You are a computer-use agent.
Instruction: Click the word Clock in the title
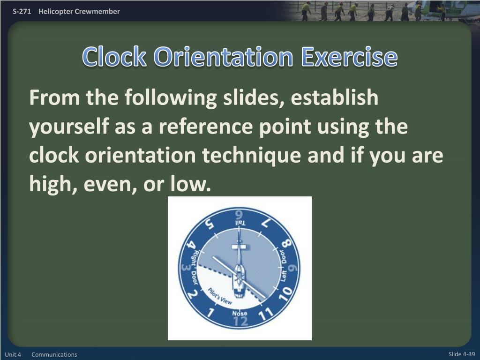(114, 58)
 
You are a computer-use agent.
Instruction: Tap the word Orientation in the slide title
(223, 58)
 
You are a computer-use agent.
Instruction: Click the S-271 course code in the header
(22, 11)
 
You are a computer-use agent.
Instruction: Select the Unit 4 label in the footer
(13, 354)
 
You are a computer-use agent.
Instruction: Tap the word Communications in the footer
(54, 354)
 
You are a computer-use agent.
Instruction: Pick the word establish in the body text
(334, 98)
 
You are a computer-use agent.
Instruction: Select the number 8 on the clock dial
(286, 245)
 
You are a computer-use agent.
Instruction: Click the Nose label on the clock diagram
(240, 313)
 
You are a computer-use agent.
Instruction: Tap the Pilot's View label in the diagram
(220, 297)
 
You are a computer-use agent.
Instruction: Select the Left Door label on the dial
(283, 266)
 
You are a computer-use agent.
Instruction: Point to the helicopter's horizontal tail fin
(239, 246)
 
